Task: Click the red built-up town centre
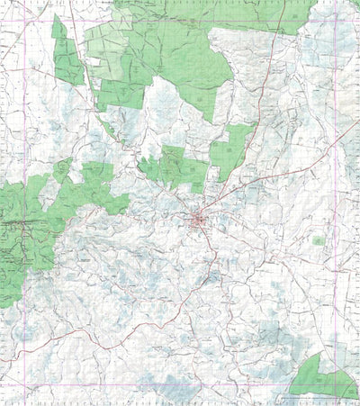pyautogui.click(x=199, y=220)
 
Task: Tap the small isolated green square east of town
pyautogui.click(x=318, y=240)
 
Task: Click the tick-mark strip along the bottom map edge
pyautogui.click(x=180, y=402)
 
